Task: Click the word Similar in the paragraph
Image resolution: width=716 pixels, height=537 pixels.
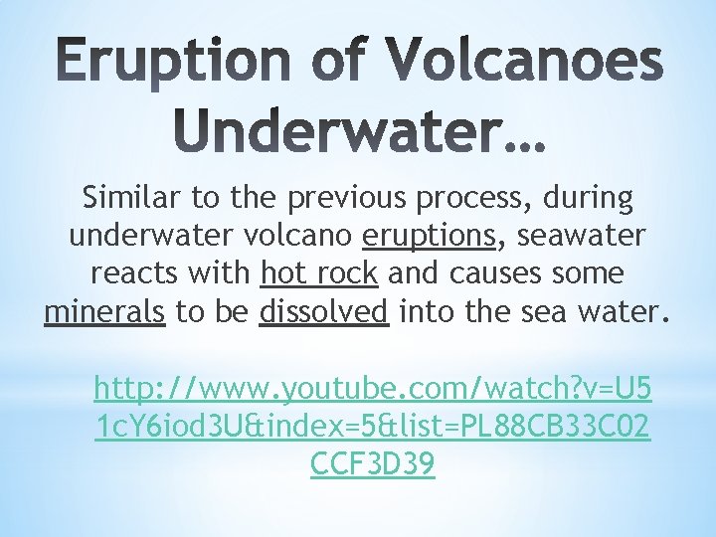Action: [130, 199]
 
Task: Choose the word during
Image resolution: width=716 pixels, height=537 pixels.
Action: [589, 199]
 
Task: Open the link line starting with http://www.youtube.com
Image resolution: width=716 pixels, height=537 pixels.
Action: [371, 389]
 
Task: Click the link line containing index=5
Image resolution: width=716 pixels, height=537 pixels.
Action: [371, 427]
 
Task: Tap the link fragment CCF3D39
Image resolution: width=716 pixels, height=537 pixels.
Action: [372, 464]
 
